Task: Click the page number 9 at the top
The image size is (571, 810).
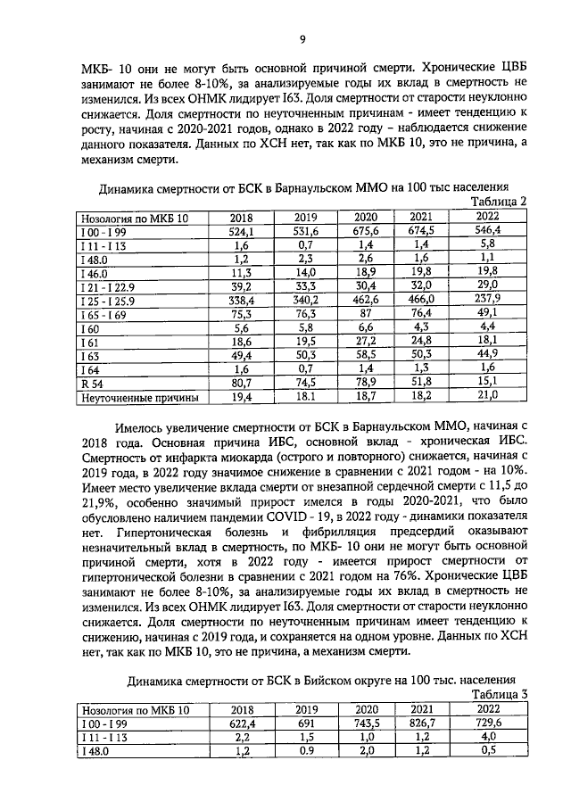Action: (x=302, y=38)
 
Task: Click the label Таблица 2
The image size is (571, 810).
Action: (x=497, y=202)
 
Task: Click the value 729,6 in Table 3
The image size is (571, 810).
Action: (x=487, y=723)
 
